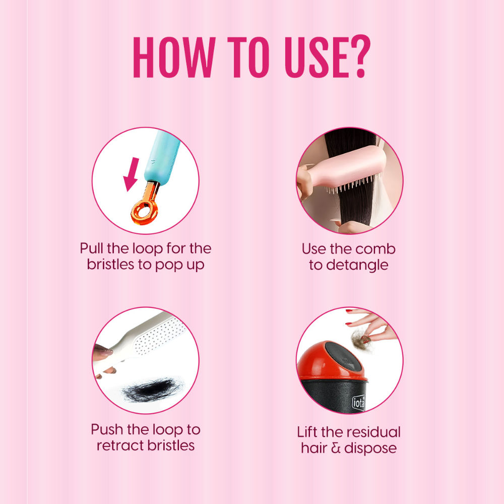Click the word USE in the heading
click(317, 57)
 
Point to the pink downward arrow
click(131, 174)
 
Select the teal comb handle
click(162, 157)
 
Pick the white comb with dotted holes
click(142, 340)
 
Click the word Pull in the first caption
click(92, 248)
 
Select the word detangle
click(357, 266)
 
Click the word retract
click(119, 446)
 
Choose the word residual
click(372, 432)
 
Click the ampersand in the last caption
click(336, 448)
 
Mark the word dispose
click(370, 449)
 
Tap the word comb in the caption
click(375, 249)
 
